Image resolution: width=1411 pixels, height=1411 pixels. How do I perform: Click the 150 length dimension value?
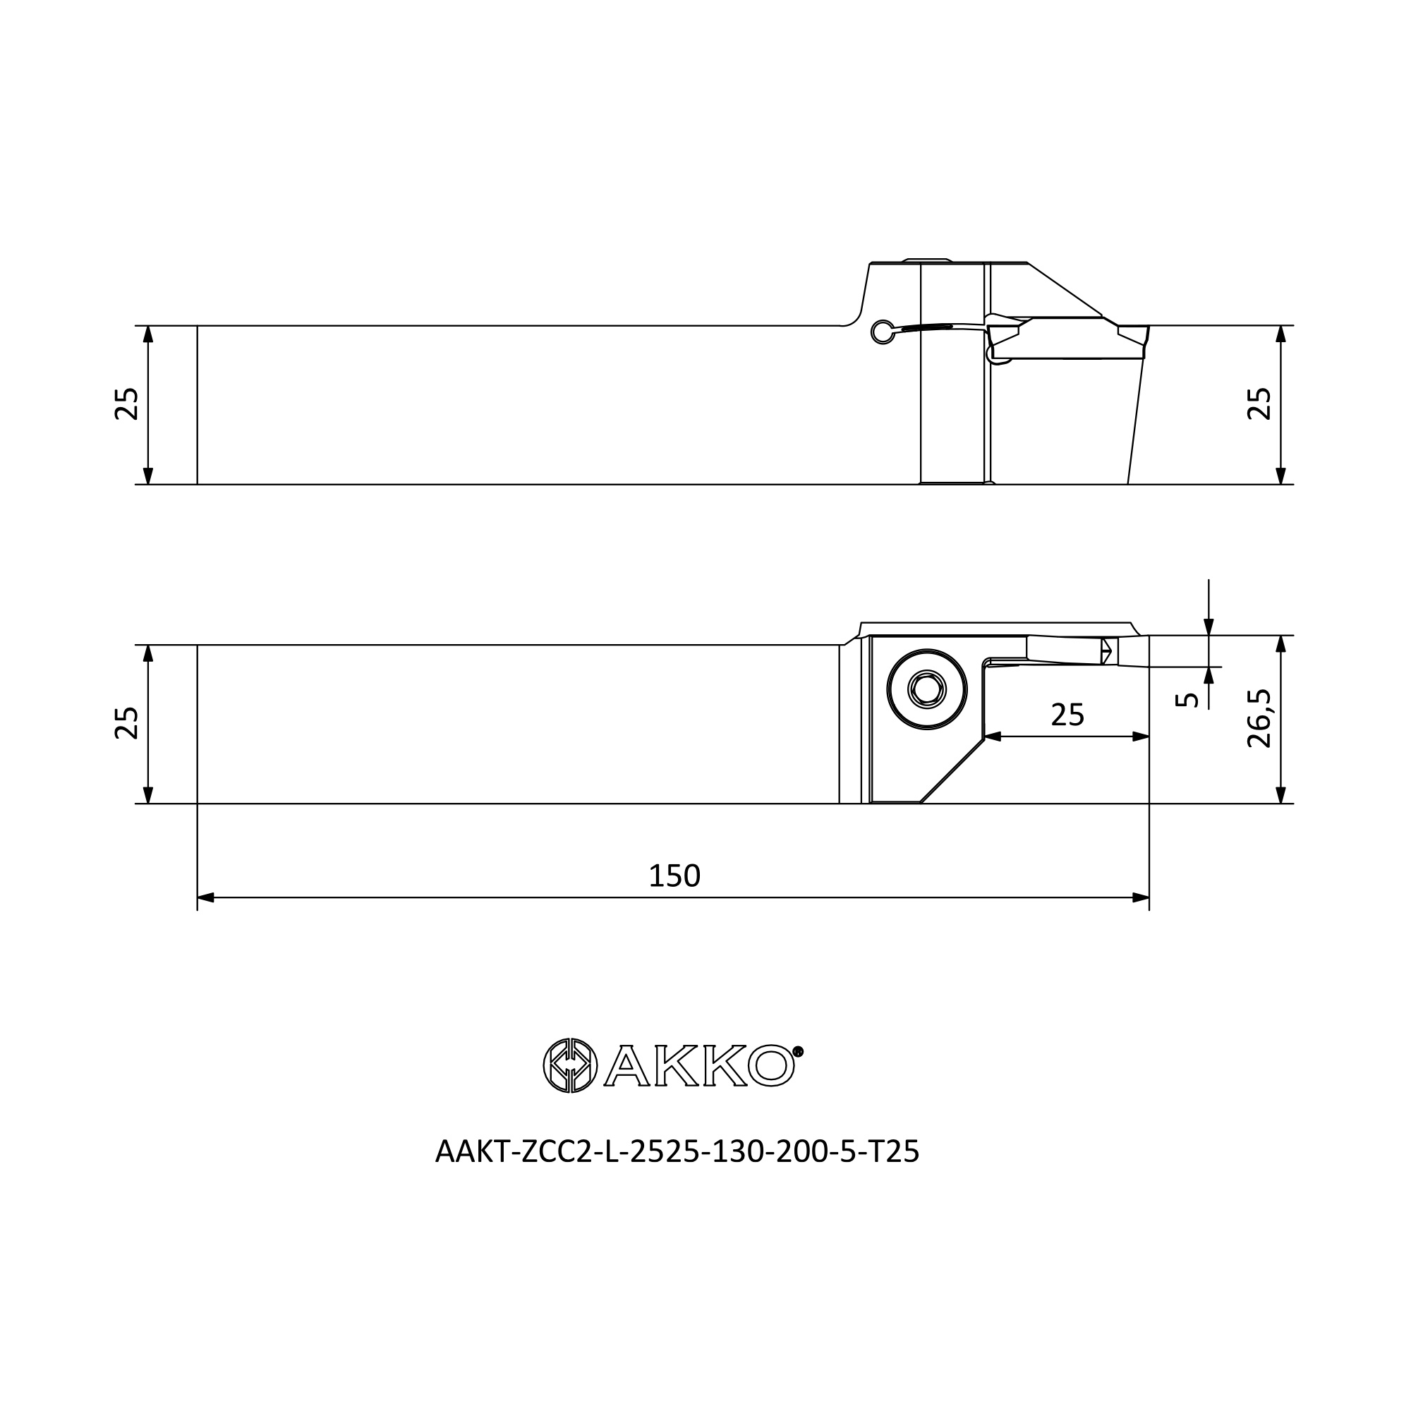click(674, 876)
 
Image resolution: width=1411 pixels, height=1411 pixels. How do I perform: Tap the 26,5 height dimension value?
click(1259, 719)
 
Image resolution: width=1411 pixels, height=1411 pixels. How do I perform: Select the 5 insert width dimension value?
click(1187, 700)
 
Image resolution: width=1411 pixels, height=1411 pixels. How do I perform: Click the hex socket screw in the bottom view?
click(927, 689)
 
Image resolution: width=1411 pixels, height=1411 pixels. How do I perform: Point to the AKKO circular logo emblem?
click(570, 1065)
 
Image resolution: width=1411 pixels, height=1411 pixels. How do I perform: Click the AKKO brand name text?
click(700, 1066)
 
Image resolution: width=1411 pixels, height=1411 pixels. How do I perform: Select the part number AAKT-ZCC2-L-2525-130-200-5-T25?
click(677, 1152)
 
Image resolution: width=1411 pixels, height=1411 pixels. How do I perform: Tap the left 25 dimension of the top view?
click(127, 403)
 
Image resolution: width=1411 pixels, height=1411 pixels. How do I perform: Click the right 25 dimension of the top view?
click(1259, 403)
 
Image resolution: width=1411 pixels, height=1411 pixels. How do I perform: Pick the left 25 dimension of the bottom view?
click(127, 723)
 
